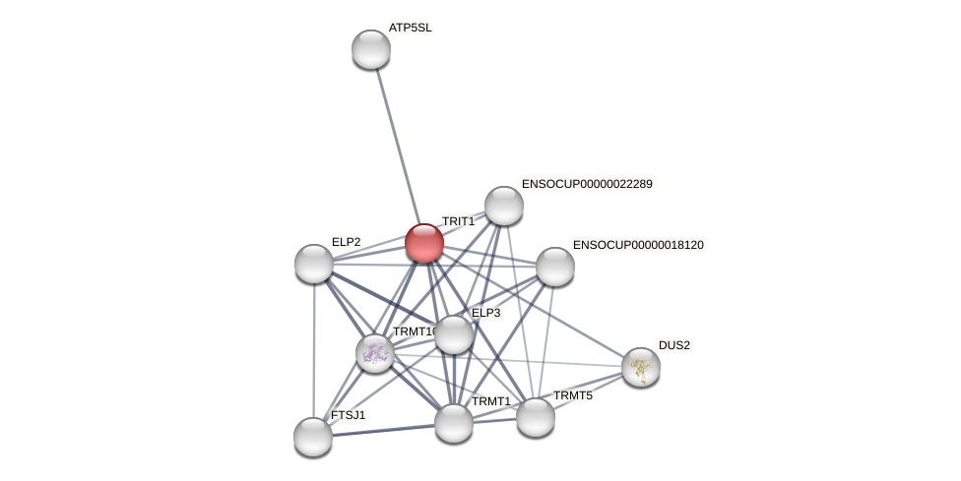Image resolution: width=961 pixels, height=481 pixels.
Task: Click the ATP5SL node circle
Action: click(x=371, y=49)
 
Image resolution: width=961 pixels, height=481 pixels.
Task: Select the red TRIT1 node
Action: click(x=424, y=243)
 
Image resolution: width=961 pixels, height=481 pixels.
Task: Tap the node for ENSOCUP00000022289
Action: click(x=504, y=206)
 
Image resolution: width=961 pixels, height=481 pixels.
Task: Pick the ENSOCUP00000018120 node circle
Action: click(x=555, y=267)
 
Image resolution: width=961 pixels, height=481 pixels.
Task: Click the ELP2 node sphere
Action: click(x=314, y=264)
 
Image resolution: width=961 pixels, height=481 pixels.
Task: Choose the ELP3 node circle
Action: click(x=454, y=334)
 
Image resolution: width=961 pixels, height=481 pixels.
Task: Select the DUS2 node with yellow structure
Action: click(x=641, y=367)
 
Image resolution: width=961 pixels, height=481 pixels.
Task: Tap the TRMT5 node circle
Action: click(x=536, y=417)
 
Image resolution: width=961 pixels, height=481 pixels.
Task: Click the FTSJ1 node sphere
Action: click(x=313, y=437)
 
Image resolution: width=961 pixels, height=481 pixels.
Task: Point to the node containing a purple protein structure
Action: click(x=375, y=353)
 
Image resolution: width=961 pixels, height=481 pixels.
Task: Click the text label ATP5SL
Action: click(x=410, y=28)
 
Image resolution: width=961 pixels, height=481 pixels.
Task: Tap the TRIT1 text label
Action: click(x=458, y=222)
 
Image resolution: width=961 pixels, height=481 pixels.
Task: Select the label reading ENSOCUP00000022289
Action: click(x=587, y=184)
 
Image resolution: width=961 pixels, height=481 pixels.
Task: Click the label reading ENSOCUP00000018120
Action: click(x=638, y=245)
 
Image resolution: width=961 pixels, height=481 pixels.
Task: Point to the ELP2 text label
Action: click(x=346, y=242)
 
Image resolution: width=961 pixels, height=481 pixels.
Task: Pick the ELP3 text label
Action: click(x=486, y=313)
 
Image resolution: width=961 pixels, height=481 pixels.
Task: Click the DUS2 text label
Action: click(x=674, y=345)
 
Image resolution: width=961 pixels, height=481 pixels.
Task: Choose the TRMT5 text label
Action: click(x=573, y=395)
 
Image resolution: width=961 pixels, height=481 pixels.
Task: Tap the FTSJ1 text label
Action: click(x=348, y=415)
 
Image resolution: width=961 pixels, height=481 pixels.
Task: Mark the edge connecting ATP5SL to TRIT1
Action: click(x=397, y=143)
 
